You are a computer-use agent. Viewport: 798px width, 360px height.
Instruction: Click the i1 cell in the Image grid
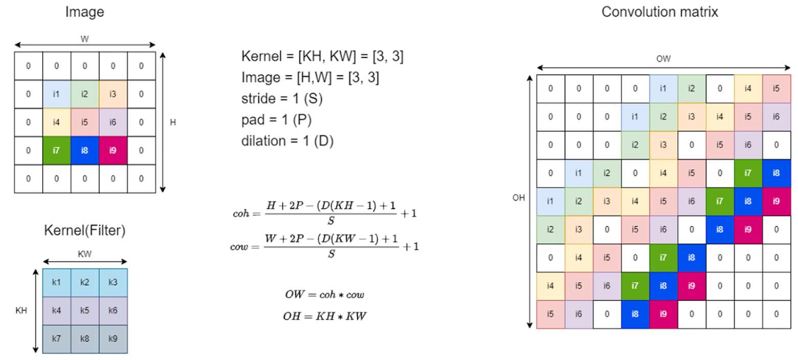[x=56, y=94]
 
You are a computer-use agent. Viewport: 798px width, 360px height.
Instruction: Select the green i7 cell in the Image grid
[x=56, y=150]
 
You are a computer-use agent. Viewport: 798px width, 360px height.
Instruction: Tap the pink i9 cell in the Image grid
[x=113, y=150]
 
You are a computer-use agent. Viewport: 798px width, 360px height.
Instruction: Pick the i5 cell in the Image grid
[x=84, y=122]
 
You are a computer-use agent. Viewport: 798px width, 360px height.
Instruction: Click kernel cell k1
[x=56, y=282]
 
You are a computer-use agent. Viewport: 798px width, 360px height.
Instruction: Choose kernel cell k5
[x=84, y=310]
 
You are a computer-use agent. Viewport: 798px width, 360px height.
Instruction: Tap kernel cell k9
[x=113, y=339]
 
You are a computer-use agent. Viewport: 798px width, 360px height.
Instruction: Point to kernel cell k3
[x=113, y=282]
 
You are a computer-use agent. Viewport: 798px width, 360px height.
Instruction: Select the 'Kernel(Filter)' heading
[x=84, y=231]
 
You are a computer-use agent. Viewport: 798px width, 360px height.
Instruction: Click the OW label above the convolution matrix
[x=663, y=59]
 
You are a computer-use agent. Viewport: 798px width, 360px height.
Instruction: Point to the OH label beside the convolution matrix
[x=519, y=198]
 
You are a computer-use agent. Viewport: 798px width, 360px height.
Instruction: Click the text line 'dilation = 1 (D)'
[x=287, y=141]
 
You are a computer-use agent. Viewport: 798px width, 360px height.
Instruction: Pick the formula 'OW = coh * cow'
[x=324, y=295]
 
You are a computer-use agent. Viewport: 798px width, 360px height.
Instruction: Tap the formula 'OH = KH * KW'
[x=324, y=317]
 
